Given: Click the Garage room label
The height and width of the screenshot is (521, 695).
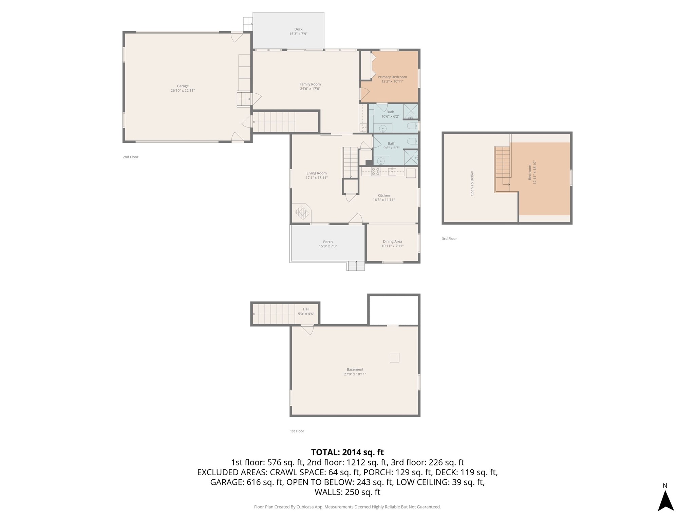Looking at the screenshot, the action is (x=183, y=86).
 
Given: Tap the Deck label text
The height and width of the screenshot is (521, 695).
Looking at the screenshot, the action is (x=298, y=29).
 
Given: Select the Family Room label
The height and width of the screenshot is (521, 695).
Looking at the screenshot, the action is (x=310, y=84).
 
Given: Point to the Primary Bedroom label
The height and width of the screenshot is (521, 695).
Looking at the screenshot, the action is (x=392, y=77).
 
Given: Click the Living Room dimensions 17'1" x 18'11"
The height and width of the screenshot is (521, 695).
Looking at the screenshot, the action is (x=317, y=178).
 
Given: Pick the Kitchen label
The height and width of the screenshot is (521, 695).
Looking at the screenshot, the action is (x=384, y=195).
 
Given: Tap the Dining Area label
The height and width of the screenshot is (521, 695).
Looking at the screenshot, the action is (x=392, y=242).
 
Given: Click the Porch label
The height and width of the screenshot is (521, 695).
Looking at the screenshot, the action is (x=328, y=242).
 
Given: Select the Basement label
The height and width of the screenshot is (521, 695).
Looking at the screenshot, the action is (x=355, y=369).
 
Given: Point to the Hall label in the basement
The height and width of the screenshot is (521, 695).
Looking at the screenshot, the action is (x=306, y=309).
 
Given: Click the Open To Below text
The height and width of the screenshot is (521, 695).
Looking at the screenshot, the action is (x=472, y=184).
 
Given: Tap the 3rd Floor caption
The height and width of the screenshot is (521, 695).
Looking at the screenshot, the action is (x=449, y=239).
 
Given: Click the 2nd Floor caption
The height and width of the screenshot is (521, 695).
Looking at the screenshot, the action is (x=131, y=157).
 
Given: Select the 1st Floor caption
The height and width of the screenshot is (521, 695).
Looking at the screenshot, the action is (x=297, y=431).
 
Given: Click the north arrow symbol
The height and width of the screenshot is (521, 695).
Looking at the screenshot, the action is (x=665, y=500).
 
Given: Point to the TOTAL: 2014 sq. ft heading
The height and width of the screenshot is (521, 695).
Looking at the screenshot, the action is (x=347, y=452).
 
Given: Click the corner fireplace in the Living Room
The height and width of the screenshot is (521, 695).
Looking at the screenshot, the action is (x=302, y=213).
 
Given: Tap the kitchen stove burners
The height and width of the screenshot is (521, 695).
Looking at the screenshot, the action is (x=375, y=171).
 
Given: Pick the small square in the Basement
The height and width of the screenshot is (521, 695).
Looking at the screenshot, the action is (x=394, y=358).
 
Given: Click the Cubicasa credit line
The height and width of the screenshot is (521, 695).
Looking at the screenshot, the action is (x=347, y=507).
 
